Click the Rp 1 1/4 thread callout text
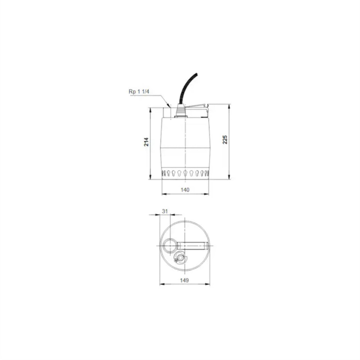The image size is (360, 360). tap(139, 91)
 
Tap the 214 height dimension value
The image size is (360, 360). tap(146, 142)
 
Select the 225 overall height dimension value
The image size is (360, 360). tap(225, 140)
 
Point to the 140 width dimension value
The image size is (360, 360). tap(185, 189)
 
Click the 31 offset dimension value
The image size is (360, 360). tap(165, 211)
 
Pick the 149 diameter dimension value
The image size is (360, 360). tap(184, 280)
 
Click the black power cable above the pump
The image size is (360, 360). tap(187, 89)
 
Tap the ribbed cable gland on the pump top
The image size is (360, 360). tap(181, 111)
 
